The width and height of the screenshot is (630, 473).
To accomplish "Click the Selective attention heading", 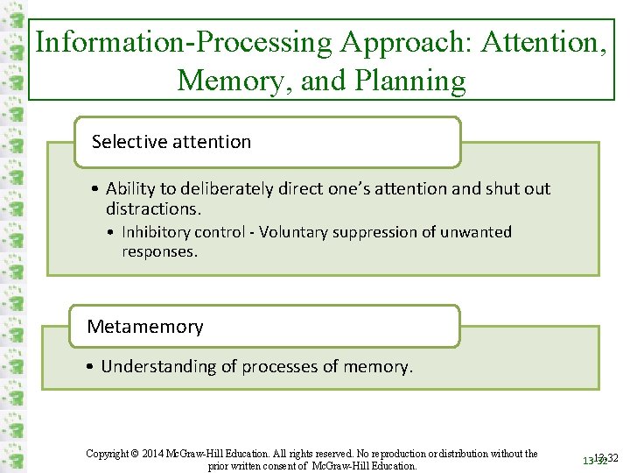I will click(x=171, y=142).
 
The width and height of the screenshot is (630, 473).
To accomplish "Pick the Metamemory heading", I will click(x=145, y=327).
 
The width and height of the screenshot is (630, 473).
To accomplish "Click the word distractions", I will click(x=153, y=208).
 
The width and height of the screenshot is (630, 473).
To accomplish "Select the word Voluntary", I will click(x=295, y=232).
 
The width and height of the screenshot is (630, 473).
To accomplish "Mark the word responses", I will click(x=159, y=251).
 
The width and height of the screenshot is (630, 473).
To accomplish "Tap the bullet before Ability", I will click(x=94, y=188).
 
